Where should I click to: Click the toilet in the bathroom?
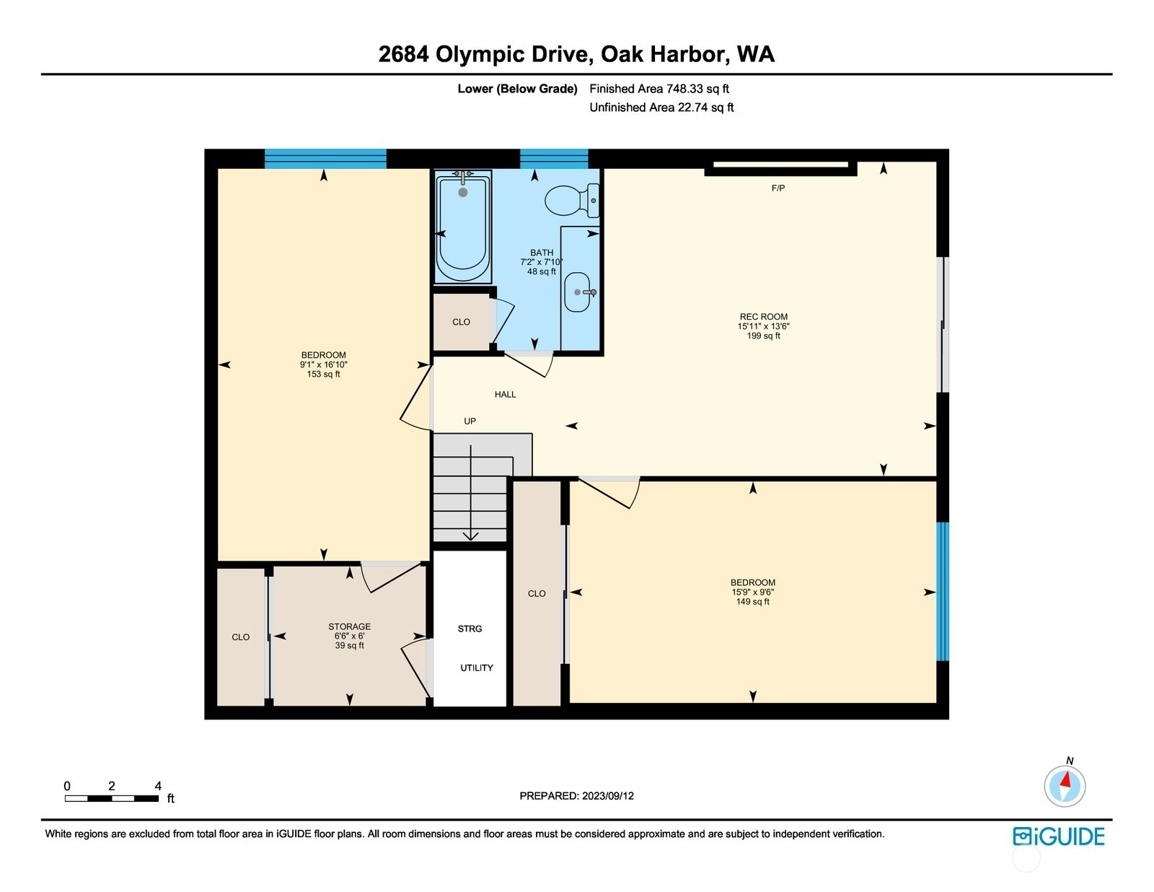point(572,201)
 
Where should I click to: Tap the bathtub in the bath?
point(463,226)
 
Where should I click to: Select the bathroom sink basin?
point(577,292)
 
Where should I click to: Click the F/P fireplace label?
point(778,188)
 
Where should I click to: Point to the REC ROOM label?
point(764,317)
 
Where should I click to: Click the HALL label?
point(505,394)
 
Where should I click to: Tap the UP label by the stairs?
point(470,421)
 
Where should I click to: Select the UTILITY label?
point(476,668)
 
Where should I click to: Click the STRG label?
point(470,629)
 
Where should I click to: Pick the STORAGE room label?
point(349,626)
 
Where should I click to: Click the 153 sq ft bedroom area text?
point(323,374)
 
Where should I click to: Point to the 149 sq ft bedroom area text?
point(752,601)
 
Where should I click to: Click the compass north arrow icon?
point(1065,786)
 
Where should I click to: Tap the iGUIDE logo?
point(1058,836)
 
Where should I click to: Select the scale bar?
point(112,798)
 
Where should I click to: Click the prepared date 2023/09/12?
point(607,796)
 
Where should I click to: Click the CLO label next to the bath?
point(461,322)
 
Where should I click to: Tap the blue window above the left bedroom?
point(325,159)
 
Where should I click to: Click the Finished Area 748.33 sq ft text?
point(659,89)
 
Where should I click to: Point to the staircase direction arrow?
point(470,492)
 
